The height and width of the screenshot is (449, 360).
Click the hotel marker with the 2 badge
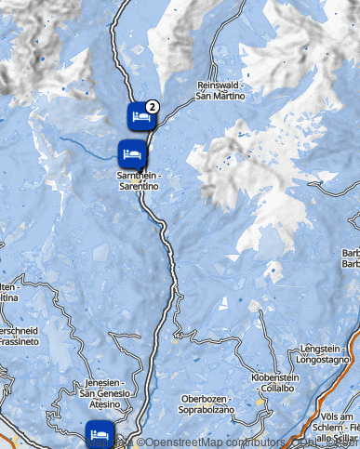(x=140, y=117)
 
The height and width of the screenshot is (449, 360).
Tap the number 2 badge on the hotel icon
(x=152, y=107)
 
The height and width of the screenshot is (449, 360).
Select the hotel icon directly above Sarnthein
(x=131, y=152)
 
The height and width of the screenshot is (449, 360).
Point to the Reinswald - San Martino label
(x=221, y=90)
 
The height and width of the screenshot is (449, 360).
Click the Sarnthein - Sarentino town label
(x=139, y=181)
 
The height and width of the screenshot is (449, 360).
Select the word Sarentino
(x=139, y=187)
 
